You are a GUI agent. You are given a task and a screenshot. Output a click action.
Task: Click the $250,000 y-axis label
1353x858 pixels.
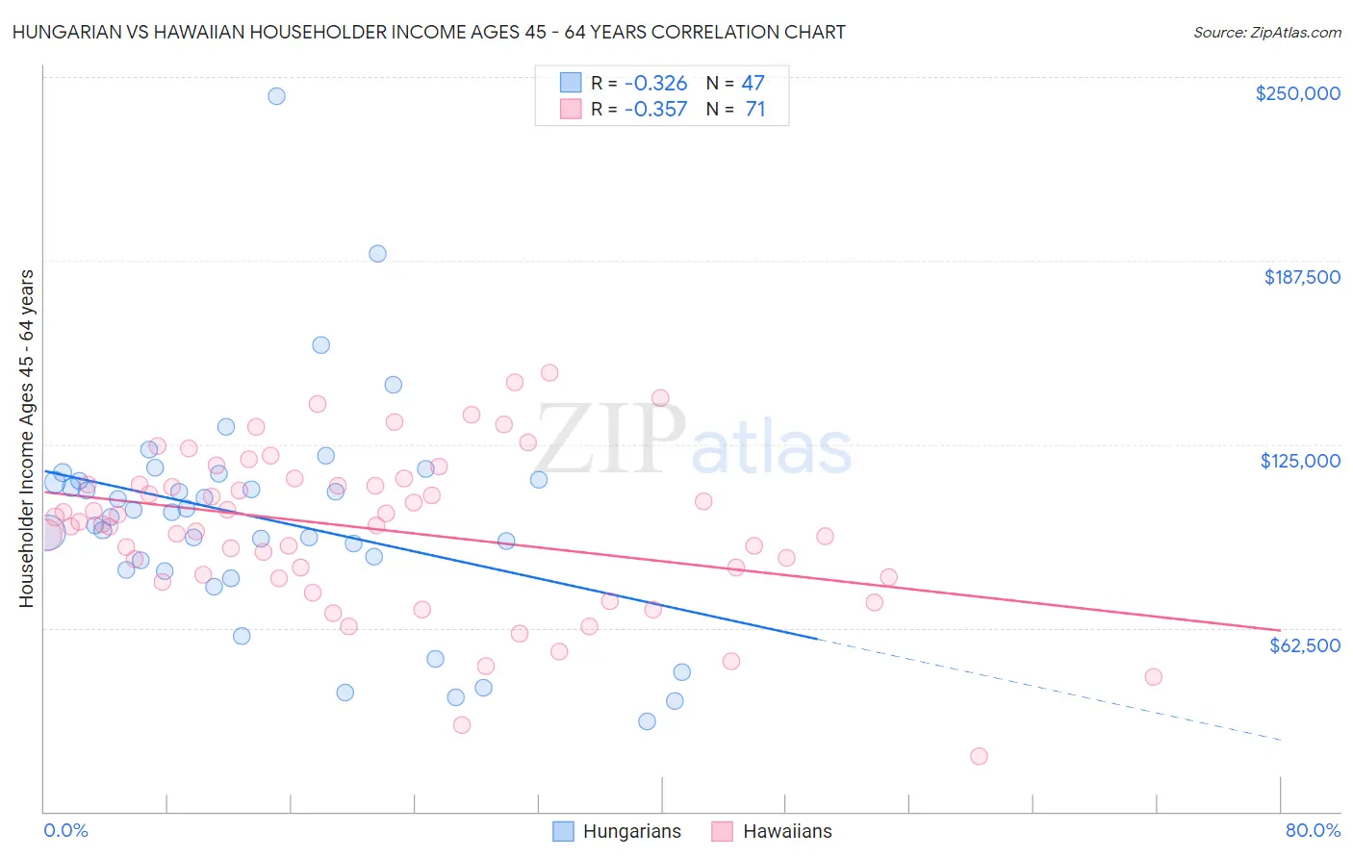tap(1297, 93)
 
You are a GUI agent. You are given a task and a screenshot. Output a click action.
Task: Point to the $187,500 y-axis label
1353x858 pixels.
tap(1301, 277)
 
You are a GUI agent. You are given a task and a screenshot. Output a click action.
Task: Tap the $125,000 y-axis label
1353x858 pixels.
tap(1300, 461)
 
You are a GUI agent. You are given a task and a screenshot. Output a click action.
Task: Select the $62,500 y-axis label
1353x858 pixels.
tap(1304, 645)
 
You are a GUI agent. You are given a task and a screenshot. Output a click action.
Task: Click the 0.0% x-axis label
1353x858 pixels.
tap(65, 830)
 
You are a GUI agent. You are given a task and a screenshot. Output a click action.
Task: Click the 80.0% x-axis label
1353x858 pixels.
tap(1313, 830)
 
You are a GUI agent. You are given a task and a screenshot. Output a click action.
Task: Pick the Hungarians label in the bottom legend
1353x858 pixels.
tap(631, 831)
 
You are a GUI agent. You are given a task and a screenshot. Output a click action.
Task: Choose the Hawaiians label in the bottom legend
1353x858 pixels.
tap(787, 831)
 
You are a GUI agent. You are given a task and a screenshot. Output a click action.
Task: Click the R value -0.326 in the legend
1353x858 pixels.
tap(655, 83)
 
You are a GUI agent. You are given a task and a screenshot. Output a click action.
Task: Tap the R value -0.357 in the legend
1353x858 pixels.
tap(655, 109)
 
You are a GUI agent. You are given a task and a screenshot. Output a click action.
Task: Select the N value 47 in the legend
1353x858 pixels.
tap(753, 83)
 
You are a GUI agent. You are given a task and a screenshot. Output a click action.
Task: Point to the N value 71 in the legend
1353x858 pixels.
tap(755, 109)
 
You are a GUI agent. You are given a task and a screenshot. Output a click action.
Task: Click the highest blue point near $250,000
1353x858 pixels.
tap(276, 96)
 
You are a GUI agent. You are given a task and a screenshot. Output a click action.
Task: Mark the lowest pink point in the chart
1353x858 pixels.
tap(979, 756)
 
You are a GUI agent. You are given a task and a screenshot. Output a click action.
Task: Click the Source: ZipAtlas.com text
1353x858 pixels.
tap(1266, 32)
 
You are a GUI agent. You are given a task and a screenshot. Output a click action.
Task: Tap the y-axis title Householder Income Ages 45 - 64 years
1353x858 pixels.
tap(26, 439)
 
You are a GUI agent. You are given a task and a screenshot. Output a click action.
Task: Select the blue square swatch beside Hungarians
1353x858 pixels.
tap(563, 831)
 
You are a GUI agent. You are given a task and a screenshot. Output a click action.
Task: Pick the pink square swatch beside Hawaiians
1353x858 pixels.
tap(722, 831)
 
